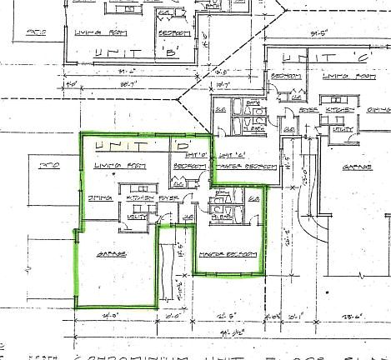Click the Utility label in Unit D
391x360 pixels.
[x=133, y=217]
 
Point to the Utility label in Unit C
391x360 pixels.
[x=341, y=129]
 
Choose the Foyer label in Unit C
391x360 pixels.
[x=308, y=108]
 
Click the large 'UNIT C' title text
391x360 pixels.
[x=307, y=58]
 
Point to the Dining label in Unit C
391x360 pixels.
[x=378, y=108]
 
